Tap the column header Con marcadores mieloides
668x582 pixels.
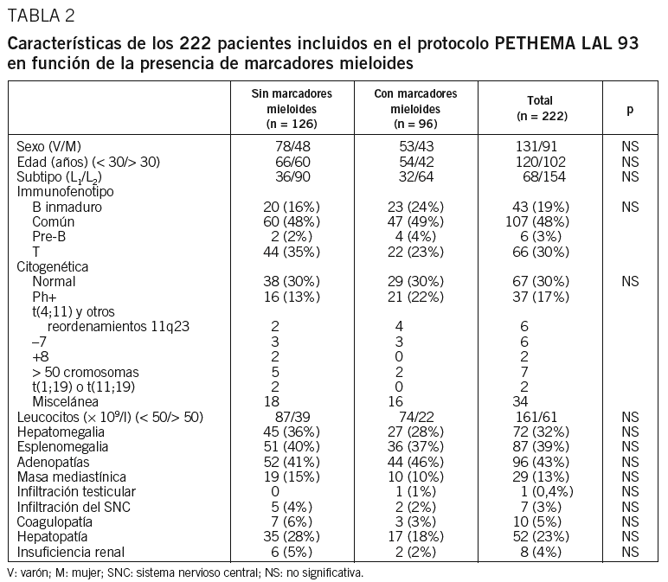click(x=414, y=108)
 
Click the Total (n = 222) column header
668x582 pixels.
click(x=539, y=108)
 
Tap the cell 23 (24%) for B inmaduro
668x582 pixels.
click(x=414, y=208)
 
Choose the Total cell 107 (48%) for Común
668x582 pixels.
click(x=539, y=221)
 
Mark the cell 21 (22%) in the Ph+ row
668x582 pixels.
click(x=414, y=296)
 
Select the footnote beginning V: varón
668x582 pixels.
click(x=184, y=572)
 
